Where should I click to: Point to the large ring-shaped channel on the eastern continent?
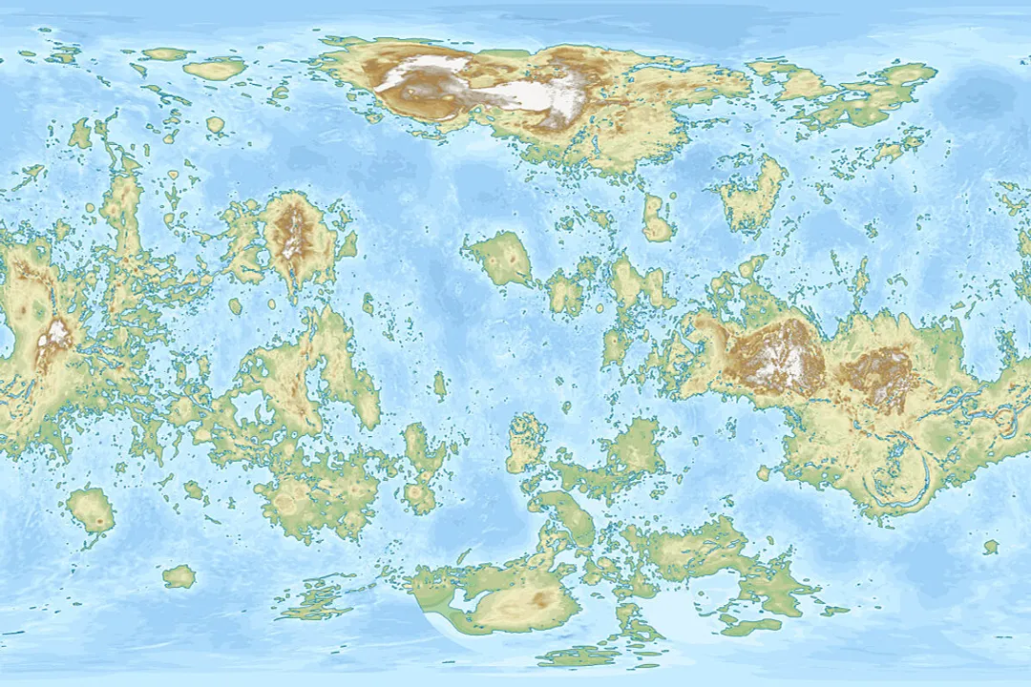897,477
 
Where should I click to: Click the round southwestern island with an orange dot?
92,510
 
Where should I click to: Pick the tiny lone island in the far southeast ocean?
991,547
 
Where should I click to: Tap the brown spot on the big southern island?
541,600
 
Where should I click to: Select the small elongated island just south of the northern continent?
657,219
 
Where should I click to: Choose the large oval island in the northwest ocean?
215,69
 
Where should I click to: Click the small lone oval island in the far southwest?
179,576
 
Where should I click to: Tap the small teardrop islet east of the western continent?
439,385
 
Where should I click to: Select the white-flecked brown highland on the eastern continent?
778,358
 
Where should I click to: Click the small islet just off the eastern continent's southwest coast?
763,472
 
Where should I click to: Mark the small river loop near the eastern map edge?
1002,420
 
